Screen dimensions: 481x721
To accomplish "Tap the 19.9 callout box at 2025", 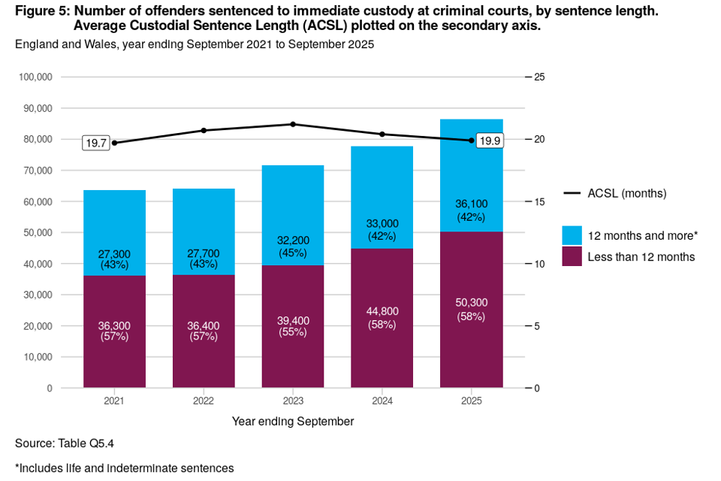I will click(x=490, y=140).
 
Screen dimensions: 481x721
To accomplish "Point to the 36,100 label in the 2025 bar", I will click(x=472, y=204).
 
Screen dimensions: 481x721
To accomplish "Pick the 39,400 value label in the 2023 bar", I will click(x=293, y=321).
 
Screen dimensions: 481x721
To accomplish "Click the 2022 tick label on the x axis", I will click(x=204, y=400).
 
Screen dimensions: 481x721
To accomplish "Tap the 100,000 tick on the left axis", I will click(x=35, y=77).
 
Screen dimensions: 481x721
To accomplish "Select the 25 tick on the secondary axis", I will click(x=539, y=77).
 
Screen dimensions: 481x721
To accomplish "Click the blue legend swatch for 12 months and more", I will click(x=572, y=235).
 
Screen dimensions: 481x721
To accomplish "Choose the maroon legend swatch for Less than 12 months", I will click(x=572, y=256).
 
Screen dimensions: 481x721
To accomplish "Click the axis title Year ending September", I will click(x=293, y=422).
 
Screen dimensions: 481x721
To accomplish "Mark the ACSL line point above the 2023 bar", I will click(x=293, y=124).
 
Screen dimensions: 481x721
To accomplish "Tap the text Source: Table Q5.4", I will click(x=65, y=443).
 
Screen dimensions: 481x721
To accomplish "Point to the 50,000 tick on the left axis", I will click(x=37, y=233).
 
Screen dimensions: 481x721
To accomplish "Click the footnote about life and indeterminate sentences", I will click(x=124, y=468).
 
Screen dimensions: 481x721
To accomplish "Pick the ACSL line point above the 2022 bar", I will click(x=204, y=131).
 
